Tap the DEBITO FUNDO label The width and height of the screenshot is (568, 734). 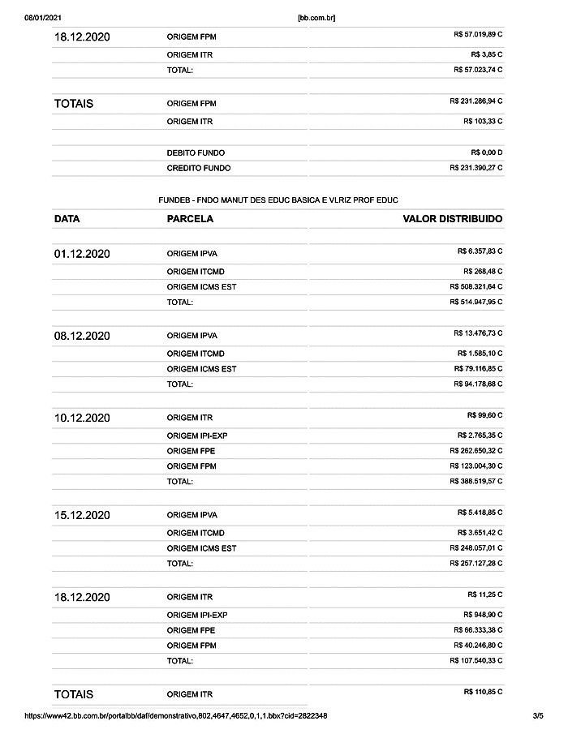pos(196,152)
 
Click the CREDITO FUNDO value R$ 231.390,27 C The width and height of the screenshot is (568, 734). pos(475,168)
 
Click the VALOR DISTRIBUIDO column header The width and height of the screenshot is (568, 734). pos(453,219)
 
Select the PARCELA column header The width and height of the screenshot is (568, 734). pos(190,219)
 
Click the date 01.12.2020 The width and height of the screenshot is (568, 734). pos(82,254)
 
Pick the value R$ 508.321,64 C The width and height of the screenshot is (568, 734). pos(475,286)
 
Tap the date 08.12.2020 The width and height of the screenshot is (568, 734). pos(82,336)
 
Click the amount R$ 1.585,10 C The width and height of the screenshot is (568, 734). pos(480,353)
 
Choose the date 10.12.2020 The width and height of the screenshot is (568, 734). pos(82,418)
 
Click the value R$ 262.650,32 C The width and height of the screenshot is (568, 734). pos(475,450)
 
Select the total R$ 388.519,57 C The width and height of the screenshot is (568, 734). pos(475,481)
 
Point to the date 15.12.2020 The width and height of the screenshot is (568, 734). pos(82,515)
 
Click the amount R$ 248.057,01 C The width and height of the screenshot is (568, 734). pos(475,547)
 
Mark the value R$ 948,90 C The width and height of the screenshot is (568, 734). pos(483,614)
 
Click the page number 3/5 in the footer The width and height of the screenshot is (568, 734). pos(537,716)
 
